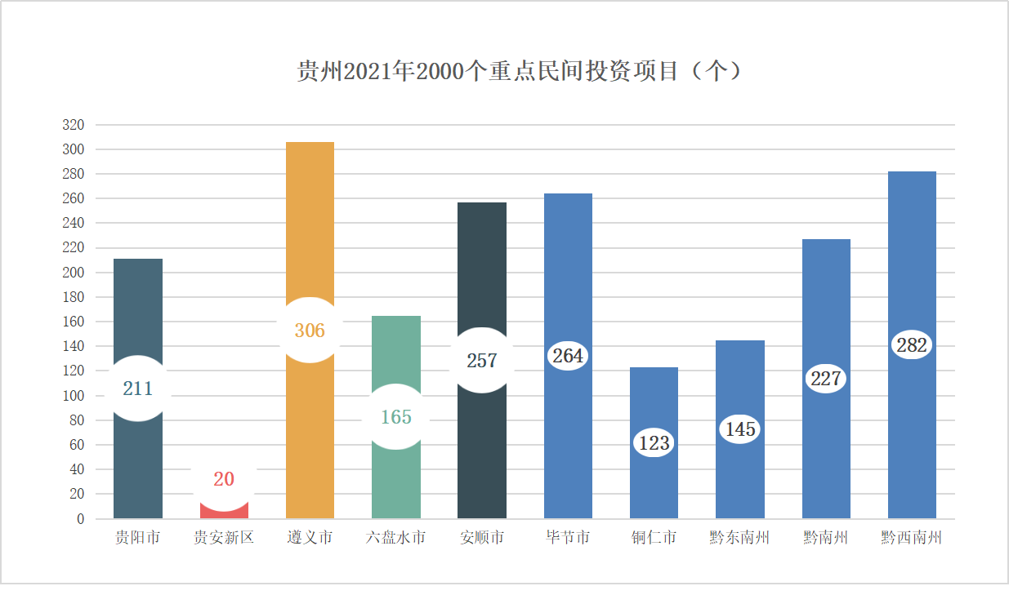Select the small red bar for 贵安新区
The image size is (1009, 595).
[224, 511]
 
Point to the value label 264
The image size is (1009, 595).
[568, 356]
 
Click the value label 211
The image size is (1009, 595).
[138, 389]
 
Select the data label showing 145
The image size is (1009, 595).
[740, 429]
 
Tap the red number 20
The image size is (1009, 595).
[224, 479]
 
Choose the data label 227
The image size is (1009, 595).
[826, 379]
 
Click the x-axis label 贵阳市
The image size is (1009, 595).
[137, 538]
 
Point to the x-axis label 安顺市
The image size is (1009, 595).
[482, 538]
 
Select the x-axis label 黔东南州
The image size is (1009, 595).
[740, 538]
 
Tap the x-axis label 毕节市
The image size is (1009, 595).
[568, 538]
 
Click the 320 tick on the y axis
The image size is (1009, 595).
[74, 125]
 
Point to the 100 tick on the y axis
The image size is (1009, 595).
[74, 396]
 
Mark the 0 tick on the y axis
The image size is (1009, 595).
[80, 519]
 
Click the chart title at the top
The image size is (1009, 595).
[520, 72]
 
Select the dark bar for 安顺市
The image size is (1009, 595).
[482, 269]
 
